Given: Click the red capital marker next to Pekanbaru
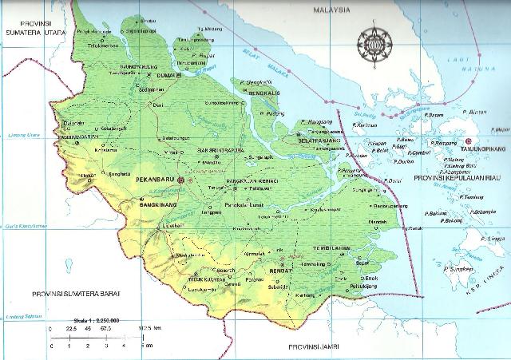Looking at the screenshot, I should tap(181, 180).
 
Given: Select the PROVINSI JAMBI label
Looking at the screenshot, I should tap(312, 350).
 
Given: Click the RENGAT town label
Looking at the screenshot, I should tap(278, 270).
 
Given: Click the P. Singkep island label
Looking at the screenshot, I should tap(459, 271).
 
